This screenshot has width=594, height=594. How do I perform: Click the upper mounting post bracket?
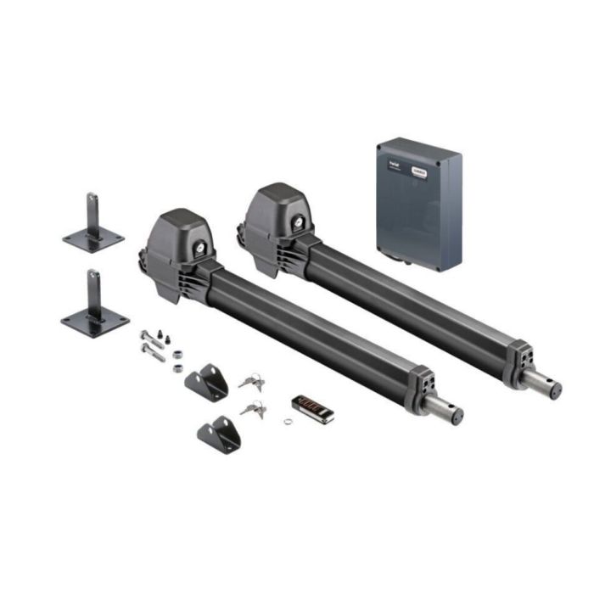click(93, 226)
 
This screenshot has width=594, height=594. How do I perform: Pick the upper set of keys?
click(251, 381)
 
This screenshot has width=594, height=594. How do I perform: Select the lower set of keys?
click(254, 410)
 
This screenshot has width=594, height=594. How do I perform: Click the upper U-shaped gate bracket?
click(207, 382)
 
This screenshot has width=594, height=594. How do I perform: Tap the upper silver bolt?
click(152, 336)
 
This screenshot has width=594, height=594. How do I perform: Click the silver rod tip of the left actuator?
click(449, 411)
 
